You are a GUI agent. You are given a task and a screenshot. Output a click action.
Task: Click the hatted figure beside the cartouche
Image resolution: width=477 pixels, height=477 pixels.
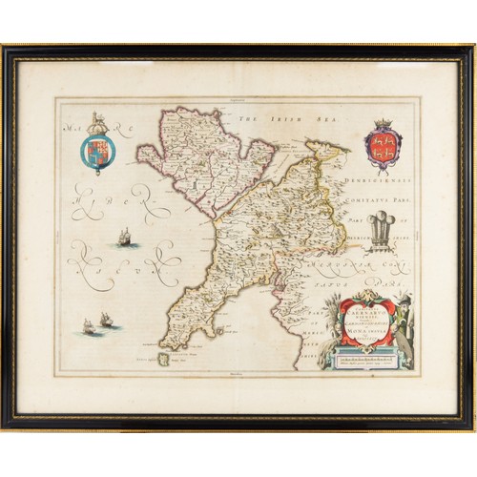(x=407, y=315)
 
